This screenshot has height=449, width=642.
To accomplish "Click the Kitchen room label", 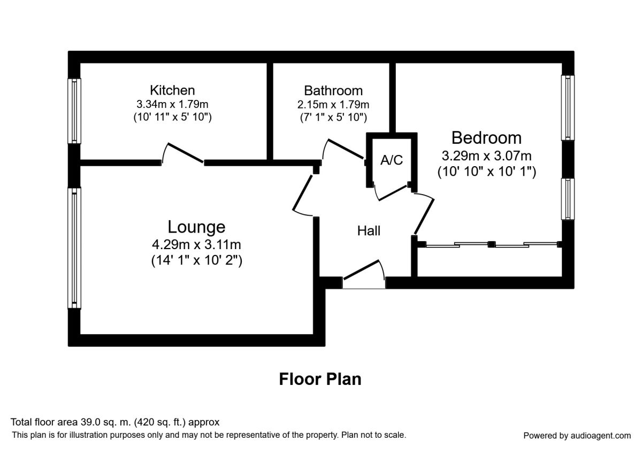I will coord(172,90).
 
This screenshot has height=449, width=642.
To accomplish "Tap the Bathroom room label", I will coord(333,90).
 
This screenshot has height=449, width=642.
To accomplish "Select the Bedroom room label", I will coord(486,138).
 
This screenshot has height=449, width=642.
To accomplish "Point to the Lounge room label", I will coord(196,227).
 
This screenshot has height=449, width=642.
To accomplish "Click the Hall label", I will coord(369,231).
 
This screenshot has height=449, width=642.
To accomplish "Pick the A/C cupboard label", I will coord(391,160).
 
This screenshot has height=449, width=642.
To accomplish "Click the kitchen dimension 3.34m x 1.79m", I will coord(172,104).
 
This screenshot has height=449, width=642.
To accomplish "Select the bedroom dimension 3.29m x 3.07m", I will coord(486,157).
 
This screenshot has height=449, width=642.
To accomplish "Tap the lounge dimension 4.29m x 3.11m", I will coord(196,245).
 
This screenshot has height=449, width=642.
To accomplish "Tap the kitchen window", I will coord(74,111).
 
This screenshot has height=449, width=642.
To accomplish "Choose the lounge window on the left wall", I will coord(74,248).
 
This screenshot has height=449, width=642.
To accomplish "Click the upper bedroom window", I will coord(568,107).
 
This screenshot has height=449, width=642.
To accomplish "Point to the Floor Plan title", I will coord(320,379).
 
